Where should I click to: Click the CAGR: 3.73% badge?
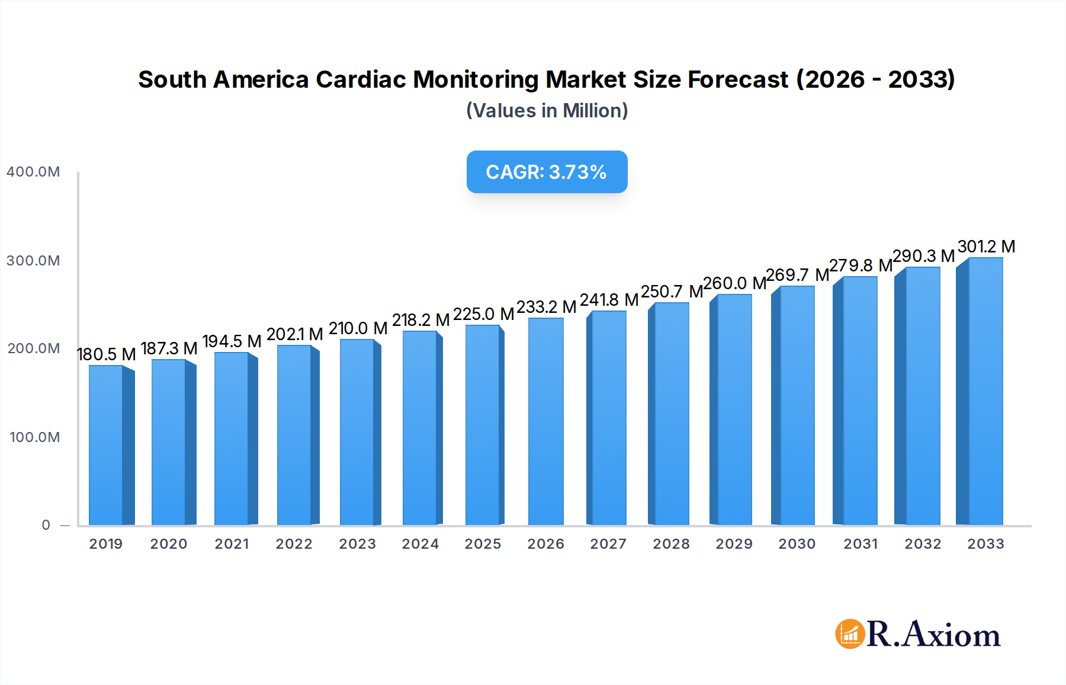click(x=547, y=172)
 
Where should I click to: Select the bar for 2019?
click(x=107, y=444)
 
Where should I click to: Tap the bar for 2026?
click(x=545, y=421)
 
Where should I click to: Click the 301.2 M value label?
click(x=986, y=247)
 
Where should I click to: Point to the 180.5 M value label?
click(x=107, y=354)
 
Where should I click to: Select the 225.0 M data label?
click(x=483, y=314)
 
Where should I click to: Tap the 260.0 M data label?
click(x=734, y=283)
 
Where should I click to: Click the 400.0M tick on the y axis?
click(x=33, y=172)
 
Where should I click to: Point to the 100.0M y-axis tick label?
click(x=34, y=437)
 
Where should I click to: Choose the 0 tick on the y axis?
click(x=46, y=525)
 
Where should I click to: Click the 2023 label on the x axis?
click(x=357, y=544)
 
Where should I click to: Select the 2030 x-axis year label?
click(x=797, y=544)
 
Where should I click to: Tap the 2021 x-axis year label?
click(x=232, y=544)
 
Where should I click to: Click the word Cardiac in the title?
click(x=361, y=79)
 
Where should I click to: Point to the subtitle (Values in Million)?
click(x=547, y=111)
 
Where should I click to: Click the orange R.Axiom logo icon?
click(x=850, y=634)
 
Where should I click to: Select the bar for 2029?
click(x=733, y=409)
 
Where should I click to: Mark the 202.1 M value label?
click(x=294, y=334)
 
